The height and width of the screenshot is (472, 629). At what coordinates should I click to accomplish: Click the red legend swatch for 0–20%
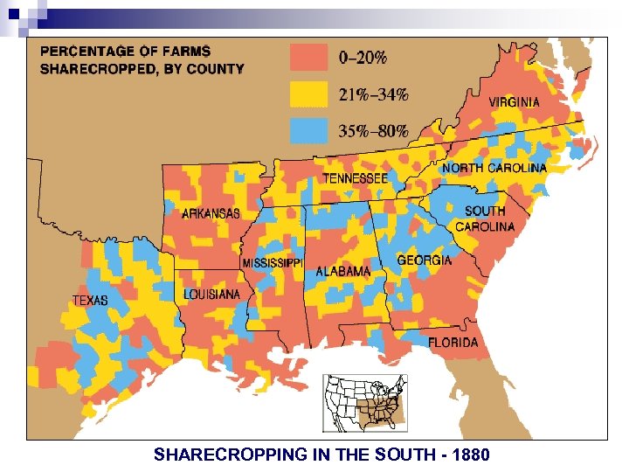point(308,59)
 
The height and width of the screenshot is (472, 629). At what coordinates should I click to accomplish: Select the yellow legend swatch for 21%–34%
point(308,94)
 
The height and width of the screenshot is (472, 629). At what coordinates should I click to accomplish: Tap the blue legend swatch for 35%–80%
point(308,130)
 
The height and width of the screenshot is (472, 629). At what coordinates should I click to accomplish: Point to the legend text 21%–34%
point(373,94)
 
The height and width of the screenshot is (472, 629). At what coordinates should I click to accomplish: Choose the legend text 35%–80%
point(373,131)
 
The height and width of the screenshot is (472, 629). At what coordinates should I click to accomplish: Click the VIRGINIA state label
point(514,102)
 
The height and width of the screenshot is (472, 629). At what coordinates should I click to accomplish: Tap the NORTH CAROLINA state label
point(494,168)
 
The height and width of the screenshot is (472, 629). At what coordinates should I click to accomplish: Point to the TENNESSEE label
point(356,177)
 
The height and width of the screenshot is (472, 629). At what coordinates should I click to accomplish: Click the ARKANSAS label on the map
point(211,213)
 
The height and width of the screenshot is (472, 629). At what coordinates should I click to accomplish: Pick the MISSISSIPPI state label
point(272,263)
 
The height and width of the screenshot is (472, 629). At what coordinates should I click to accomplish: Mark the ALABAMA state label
point(342,272)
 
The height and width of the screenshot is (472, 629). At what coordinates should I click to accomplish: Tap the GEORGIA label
point(425,260)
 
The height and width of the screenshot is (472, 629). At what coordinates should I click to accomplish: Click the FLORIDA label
point(453,342)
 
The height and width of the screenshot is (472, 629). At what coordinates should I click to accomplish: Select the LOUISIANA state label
point(211,295)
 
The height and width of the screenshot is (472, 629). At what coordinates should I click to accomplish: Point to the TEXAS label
point(90,300)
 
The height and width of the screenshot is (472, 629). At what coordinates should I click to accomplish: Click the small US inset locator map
point(365,402)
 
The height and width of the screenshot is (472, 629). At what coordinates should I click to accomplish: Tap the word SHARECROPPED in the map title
point(92,69)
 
